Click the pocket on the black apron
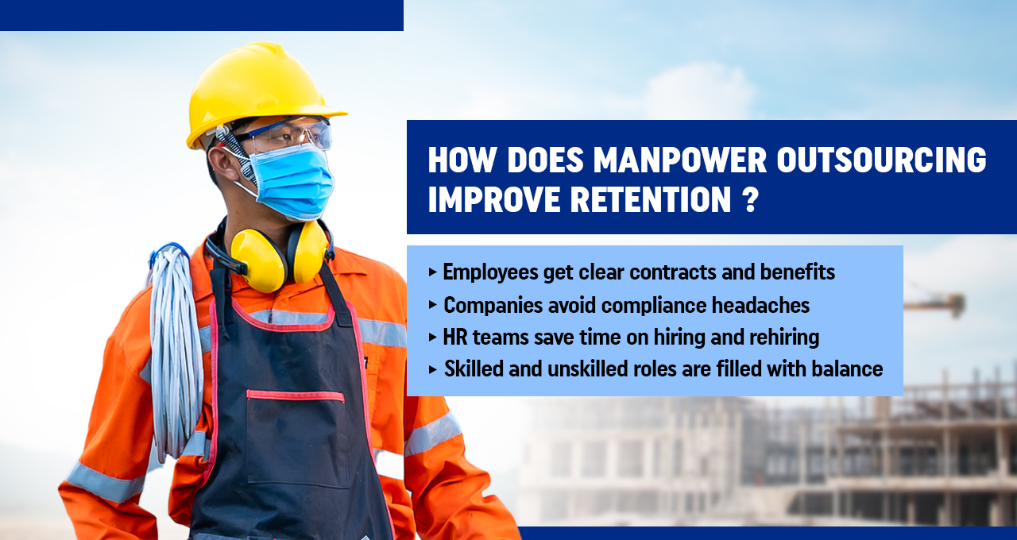tap(295, 437)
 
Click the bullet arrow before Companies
tap(432, 304)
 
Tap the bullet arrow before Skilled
tap(432, 368)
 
